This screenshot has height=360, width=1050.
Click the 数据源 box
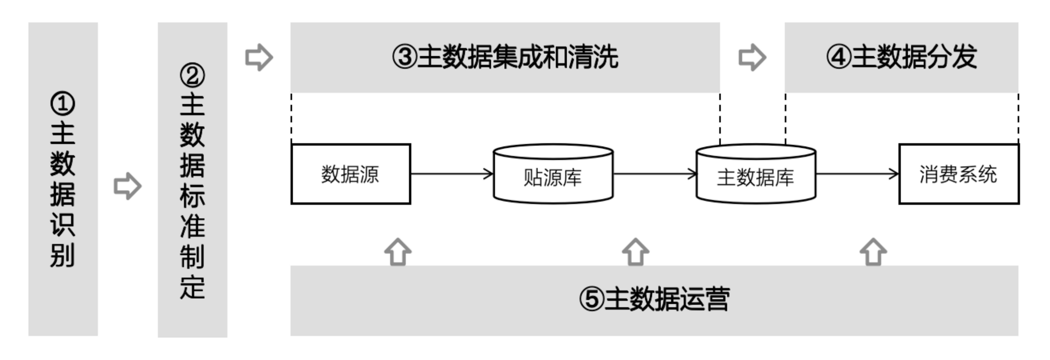click(x=351, y=174)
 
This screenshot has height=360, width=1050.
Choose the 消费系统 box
click(x=959, y=174)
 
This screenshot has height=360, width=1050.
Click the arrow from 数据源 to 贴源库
click(x=452, y=174)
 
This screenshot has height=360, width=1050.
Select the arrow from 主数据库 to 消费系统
click(x=857, y=174)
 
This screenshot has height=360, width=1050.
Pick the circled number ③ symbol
click(x=405, y=57)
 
